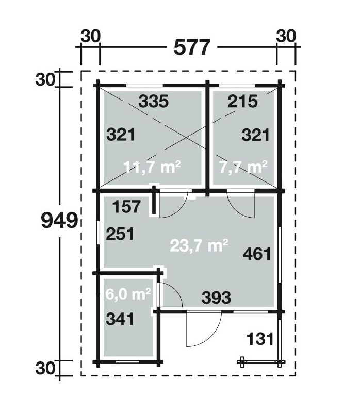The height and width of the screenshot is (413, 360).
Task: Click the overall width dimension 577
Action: [192, 47]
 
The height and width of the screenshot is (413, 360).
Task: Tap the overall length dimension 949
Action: [59, 220]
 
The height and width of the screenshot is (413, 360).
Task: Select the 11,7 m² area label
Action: [152, 167]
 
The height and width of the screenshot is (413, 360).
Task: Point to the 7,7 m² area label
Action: [243, 167]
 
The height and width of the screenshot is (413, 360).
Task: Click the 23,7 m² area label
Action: [199, 245]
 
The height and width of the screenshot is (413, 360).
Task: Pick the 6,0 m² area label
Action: [128, 294]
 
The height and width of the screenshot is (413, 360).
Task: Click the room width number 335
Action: [153, 101]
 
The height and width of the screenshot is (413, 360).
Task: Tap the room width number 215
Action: [242, 101]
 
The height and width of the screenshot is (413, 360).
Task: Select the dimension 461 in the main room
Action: [257, 254]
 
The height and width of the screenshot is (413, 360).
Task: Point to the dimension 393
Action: [217, 298]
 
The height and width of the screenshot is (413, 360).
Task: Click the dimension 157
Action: [126, 206]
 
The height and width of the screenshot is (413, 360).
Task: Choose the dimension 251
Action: [120, 234]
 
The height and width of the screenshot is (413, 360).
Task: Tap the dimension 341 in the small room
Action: [120, 319]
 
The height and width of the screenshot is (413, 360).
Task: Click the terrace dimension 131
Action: [260, 339]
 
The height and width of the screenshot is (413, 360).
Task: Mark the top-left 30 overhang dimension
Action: [91, 36]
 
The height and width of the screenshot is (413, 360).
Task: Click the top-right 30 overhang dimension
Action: [286, 36]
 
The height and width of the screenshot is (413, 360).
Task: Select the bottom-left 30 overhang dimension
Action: [45, 368]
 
